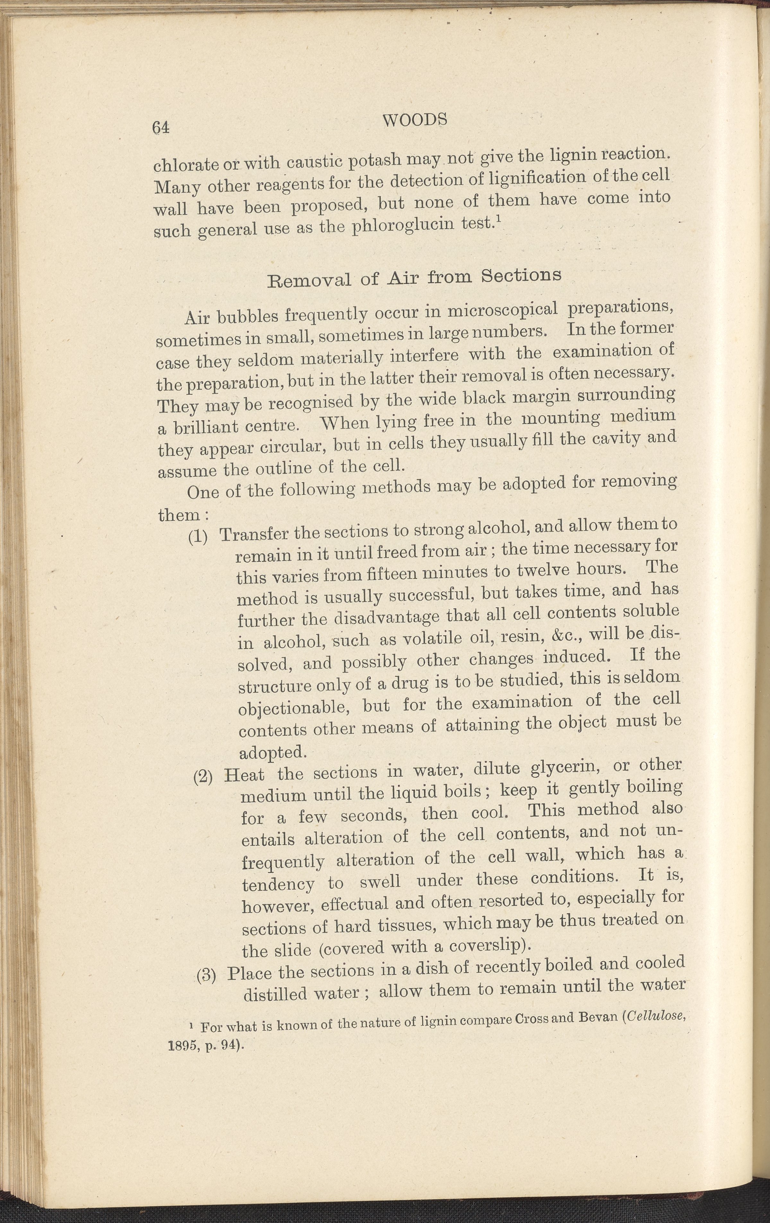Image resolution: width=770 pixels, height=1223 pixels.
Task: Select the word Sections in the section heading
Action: pos(521,275)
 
